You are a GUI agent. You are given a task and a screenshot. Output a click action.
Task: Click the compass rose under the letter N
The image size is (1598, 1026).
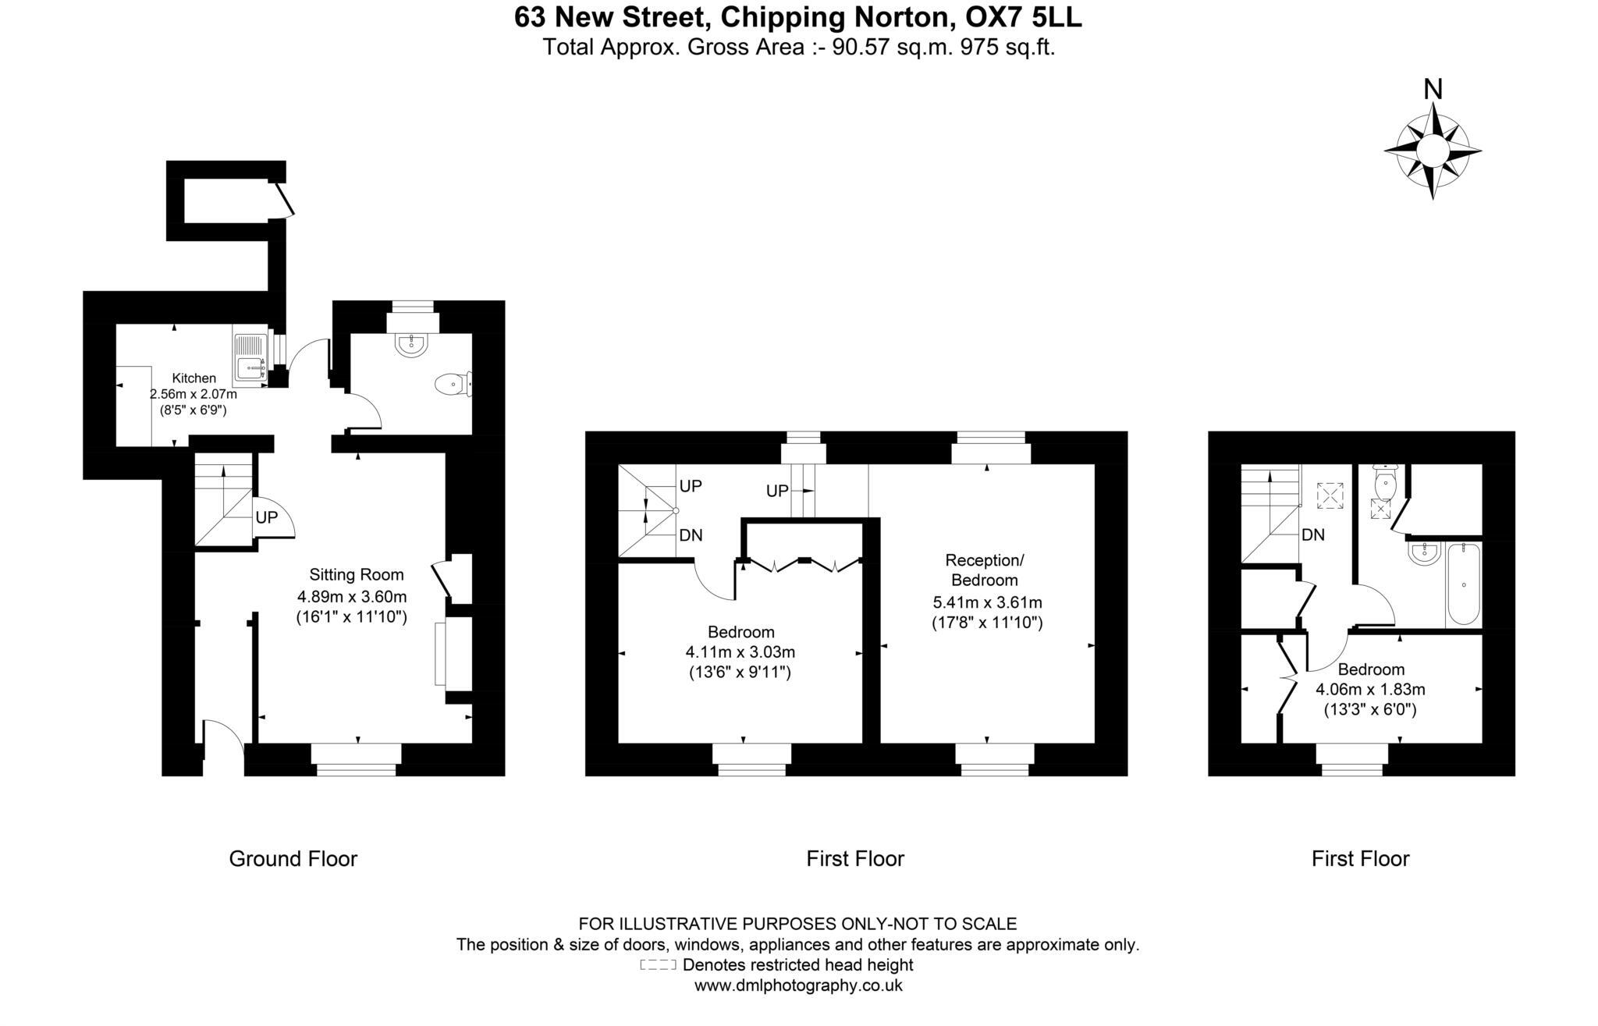point(1432,151)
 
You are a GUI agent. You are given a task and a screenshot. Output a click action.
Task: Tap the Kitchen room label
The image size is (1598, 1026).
point(194,378)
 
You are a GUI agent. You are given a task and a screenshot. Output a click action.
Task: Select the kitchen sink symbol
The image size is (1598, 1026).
point(250,357)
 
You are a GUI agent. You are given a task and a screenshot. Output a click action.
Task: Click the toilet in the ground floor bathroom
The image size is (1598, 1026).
point(452,384)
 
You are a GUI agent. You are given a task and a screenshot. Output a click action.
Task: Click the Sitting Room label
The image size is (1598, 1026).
point(357,575)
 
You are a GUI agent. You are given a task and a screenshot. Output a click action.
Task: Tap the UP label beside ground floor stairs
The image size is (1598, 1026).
point(266,517)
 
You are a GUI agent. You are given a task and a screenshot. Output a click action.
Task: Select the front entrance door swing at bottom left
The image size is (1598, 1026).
point(222,737)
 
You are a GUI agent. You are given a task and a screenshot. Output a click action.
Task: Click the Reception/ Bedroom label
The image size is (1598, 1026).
point(985,570)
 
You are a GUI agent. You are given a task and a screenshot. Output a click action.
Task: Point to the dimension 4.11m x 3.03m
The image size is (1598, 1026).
point(740,651)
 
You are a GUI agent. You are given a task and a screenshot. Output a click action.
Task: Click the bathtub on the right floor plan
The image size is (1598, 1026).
point(1463,585)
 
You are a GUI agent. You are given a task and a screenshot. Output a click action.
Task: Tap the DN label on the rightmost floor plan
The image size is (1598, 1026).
point(1313,535)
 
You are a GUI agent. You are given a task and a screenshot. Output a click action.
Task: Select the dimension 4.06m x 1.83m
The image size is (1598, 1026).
point(1370,690)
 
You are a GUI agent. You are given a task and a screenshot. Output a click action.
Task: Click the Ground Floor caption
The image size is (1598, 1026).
point(293,859)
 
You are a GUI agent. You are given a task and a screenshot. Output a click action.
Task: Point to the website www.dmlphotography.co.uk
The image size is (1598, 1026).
point(798,985)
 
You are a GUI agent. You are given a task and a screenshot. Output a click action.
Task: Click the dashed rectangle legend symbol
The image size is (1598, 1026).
point(657,965)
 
